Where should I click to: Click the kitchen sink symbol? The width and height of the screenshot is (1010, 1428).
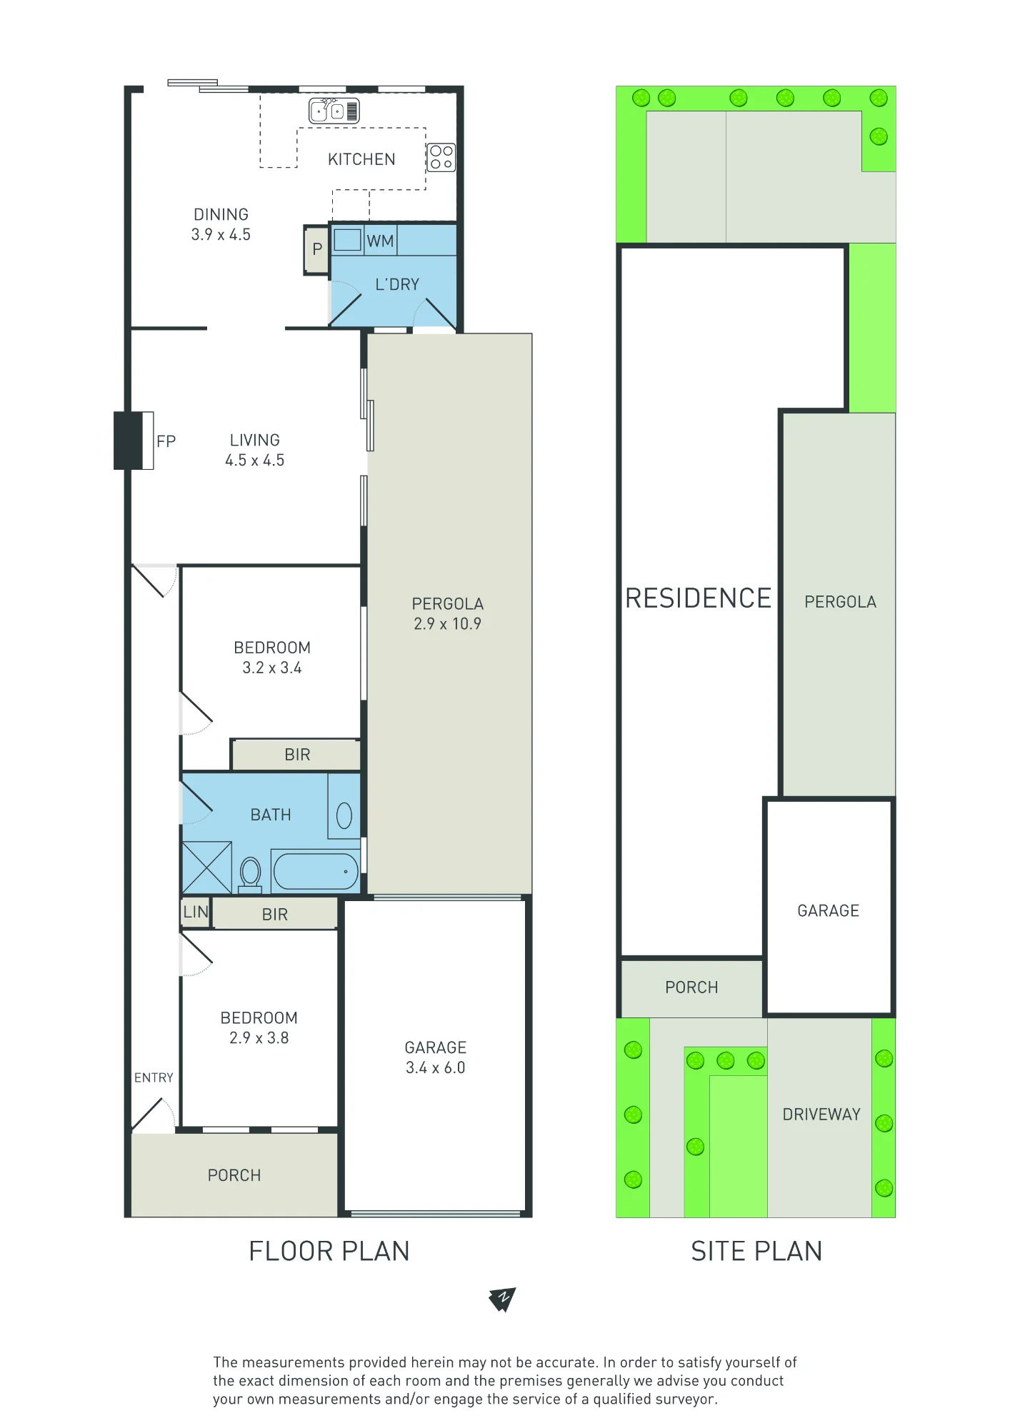point(334,111)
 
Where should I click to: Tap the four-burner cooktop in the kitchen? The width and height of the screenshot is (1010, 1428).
point(441,157)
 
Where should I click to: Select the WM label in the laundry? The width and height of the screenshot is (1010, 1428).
point(380,241)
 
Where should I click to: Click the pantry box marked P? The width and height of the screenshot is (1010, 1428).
point(316,250)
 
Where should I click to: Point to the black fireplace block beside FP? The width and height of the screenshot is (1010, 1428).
point(129,441)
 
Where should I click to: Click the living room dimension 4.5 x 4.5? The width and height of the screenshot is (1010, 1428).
point(255,461)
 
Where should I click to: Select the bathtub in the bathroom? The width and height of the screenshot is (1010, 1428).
point(315,871)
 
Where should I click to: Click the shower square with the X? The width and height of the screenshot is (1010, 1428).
point(207,868)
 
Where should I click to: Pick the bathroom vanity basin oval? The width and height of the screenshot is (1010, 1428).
point(344,815)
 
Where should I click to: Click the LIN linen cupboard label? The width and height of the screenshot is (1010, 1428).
point(196,912)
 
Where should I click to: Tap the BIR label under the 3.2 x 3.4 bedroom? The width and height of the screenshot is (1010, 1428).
point(297,755)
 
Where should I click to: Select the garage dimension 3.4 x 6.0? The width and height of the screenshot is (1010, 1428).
point(436,1067)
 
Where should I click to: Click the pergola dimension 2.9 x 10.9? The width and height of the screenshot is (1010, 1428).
point(448,623)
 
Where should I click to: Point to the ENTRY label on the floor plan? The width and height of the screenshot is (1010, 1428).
point(154,1077)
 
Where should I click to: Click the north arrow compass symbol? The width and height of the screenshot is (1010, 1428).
point(503,1299)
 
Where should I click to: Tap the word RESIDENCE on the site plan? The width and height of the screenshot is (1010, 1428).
point(699,598)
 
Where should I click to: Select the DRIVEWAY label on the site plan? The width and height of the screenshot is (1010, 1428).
point(821,1115)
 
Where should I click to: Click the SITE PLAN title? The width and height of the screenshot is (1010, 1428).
point(756,1252)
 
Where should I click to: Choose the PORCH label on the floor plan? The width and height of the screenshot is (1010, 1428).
point(234,1175)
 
